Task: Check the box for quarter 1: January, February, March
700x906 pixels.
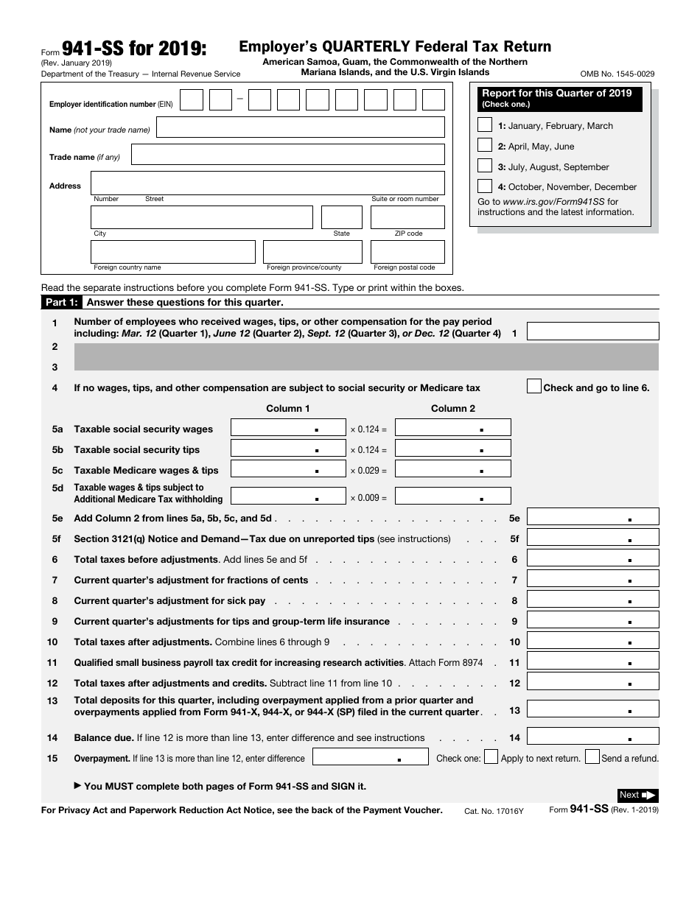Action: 485,124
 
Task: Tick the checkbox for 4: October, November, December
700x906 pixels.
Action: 485,186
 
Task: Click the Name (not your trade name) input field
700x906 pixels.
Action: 301,127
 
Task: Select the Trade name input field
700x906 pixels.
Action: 287,155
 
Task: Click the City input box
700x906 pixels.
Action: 202,217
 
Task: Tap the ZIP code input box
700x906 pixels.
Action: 407,217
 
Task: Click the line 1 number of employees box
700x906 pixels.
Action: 592,331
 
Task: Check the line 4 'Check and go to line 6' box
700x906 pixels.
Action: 534,387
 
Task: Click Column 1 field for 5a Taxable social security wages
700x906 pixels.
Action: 288,428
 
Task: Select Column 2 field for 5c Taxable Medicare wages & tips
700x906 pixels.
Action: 453,469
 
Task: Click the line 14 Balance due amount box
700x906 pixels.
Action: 592,737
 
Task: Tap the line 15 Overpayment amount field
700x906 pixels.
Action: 371,757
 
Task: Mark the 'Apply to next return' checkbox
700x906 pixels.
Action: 491,757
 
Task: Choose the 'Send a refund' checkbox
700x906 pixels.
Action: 592,757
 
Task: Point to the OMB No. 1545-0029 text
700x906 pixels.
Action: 617,74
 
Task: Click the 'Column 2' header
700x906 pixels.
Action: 453,409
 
